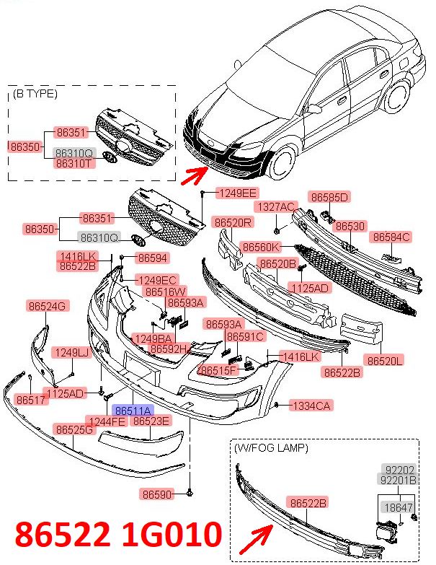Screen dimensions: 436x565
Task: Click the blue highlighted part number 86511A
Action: (133, 410)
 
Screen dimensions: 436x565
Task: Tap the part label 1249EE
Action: (237, 193)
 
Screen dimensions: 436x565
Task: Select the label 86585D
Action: (329, 197)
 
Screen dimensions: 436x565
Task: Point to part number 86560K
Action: (261, 248)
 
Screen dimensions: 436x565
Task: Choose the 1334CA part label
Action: (311, 406)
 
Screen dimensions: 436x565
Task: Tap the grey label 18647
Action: (398, 507)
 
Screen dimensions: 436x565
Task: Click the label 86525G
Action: (74, 429)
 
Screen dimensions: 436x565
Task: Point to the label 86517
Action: (31, 399)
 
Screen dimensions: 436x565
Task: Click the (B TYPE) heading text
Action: (35, 94)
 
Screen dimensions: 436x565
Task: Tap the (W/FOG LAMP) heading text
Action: (271, 448)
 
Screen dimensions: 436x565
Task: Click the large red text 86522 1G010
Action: (118, 534)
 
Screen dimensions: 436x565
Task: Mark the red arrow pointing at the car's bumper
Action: (195, 175)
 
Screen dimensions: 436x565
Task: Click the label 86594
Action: (153, 258)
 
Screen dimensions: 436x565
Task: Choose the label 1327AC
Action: (276, 207)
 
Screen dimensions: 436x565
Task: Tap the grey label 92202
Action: (400, 470)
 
